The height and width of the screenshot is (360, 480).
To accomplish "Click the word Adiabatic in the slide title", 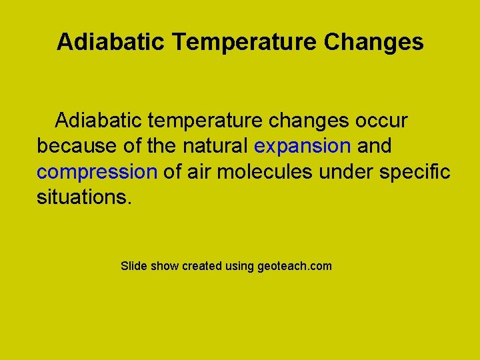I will (x=110, y=42).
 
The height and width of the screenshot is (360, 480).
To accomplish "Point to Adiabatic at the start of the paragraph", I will (x=98, y=121).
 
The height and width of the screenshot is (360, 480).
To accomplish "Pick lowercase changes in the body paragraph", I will (x=307, y=121).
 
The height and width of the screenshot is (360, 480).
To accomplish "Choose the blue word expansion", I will (x=303, y=146).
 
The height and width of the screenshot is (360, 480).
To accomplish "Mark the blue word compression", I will (x=97, y=172).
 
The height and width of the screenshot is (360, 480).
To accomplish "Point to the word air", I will (x=199, y=172).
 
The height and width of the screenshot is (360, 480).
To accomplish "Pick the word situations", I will (x=85, y=197).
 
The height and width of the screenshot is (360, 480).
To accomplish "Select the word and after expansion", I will (x=375, y=146).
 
